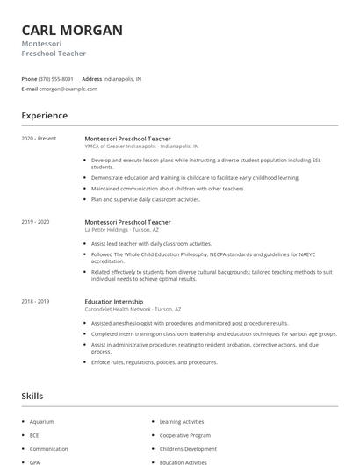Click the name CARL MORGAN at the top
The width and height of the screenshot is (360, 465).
(72, 31)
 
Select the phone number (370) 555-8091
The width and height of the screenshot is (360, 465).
(56, 79)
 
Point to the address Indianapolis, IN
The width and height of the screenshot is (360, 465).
(122, 79)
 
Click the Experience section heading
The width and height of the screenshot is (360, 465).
(44, 116)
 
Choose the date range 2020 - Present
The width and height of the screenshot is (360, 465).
(39, 139)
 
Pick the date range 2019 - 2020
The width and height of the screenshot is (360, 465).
(36, 223)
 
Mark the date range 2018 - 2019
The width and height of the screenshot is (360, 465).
(36, 302)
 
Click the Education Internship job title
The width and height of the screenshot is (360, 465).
(114, 302)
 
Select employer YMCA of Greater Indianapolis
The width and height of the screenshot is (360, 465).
(121, 147)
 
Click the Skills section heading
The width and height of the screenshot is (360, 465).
(32, 397)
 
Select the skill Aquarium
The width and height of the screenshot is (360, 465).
(41, 422)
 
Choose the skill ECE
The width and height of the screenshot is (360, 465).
(34, 435)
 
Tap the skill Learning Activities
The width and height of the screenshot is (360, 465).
(182, 422)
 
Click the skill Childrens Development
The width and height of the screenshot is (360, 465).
(187, 448)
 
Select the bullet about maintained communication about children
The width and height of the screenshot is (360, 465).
(168, 189)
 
